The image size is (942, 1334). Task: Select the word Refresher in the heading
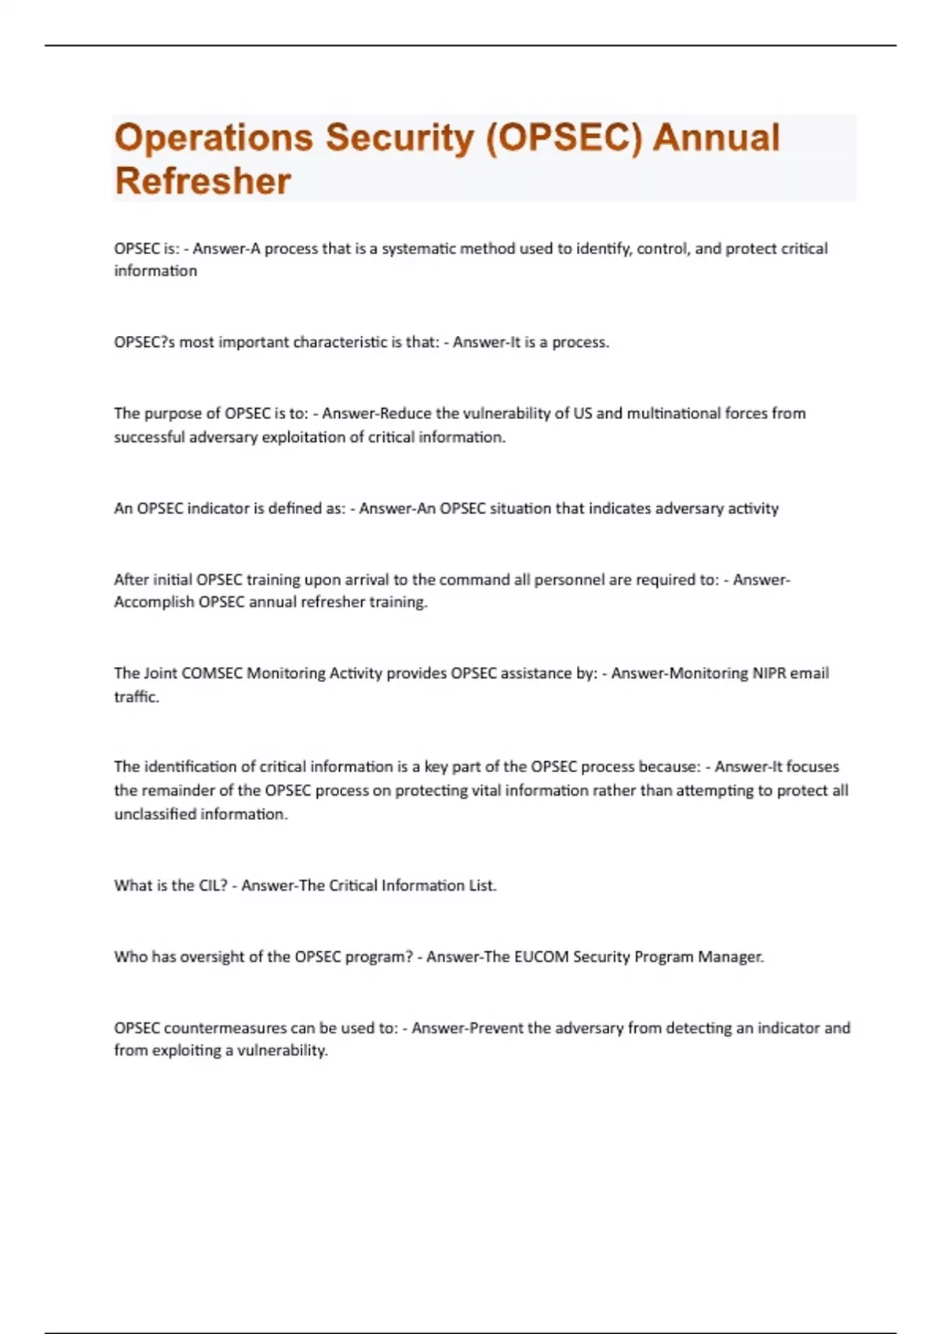203,181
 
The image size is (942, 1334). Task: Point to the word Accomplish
154,603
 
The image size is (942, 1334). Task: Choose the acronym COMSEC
212,673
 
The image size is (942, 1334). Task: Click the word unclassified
155,815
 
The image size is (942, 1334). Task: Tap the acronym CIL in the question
210,886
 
